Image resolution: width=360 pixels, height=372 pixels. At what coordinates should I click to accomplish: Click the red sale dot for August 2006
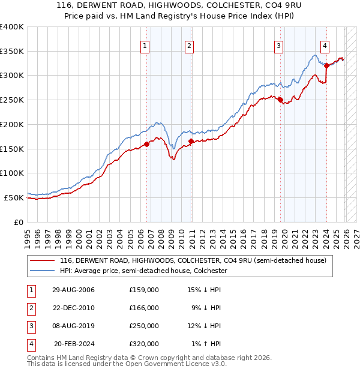[x=146, y=144]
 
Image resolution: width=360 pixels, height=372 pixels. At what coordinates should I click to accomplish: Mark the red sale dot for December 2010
[x=191, y=141]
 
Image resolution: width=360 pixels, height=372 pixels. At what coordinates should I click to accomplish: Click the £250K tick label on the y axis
[x=12, y=100]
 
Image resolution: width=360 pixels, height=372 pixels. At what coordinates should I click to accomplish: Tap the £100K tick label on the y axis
[x=12, y=173]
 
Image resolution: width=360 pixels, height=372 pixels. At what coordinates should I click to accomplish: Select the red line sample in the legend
[x=43, y=261]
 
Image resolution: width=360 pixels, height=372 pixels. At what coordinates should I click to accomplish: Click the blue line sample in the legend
[x=43, y=271]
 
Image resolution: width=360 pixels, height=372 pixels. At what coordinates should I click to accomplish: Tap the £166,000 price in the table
[x=144, y=308]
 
